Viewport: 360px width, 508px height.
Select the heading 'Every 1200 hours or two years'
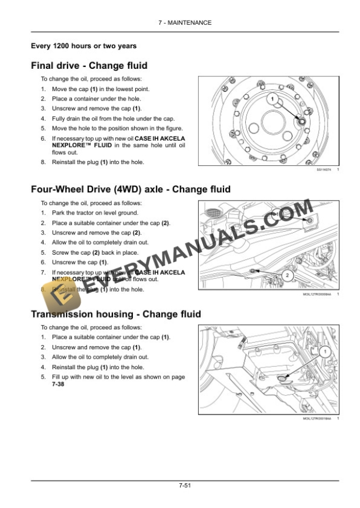(x=84, y=46)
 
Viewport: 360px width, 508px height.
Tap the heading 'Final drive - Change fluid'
(x=89, y=66)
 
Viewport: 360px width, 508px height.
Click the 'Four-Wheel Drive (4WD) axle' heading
(x=131, y=189)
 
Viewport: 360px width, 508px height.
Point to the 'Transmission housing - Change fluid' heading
(x=116, y=314)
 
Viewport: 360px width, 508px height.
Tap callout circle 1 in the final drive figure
(x=272, y=98)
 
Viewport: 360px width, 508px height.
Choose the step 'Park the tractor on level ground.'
(x=95, y=213)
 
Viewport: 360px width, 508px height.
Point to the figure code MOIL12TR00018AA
(x=320, y=419)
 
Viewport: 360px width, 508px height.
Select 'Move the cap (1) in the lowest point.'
(x=101, y=89)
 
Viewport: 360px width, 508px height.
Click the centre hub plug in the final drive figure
(x=302, y=121)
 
